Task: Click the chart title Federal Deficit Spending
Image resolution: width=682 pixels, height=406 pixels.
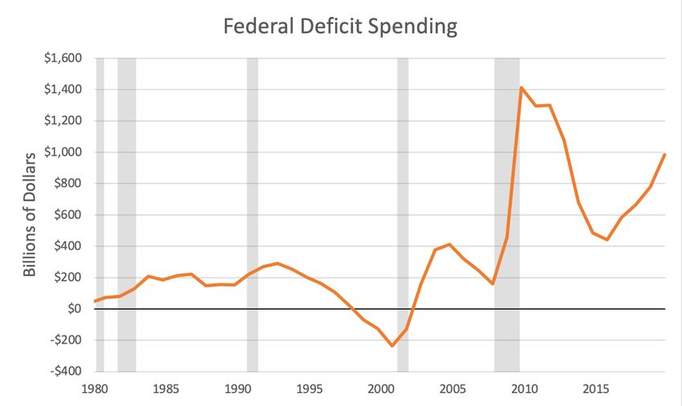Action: coord(340,26)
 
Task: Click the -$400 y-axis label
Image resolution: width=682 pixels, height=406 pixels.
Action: coord(63,371)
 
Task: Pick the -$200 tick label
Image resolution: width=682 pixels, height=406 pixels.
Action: coord(63,340)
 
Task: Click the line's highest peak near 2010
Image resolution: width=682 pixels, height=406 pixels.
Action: coord(522,87)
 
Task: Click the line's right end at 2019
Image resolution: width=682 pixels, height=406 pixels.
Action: coord(664,154)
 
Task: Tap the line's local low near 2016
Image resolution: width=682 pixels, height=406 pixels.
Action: coord(607,240)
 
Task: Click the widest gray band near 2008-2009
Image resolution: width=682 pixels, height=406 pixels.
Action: coord(507,201)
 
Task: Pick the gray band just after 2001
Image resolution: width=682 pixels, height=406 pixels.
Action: coord(403,201)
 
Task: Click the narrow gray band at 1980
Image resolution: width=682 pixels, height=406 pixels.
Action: coord(99,201)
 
